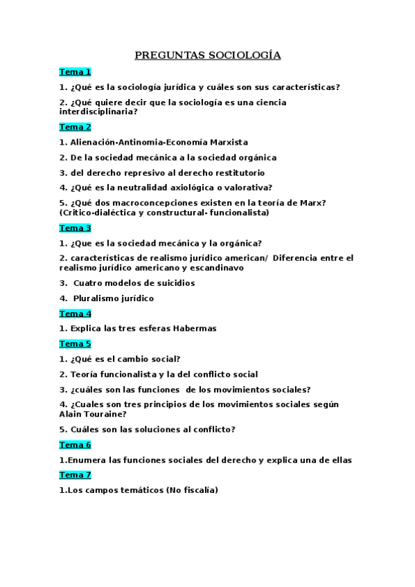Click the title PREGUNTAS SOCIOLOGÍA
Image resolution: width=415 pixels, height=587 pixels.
click(x=207, y=55)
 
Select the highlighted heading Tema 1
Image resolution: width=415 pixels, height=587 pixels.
click(x=75, y=72)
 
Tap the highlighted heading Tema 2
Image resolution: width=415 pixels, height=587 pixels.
click(x=75, y=127)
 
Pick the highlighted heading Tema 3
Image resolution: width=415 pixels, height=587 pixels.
click(x=75, y=228)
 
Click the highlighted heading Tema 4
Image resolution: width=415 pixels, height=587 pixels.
click(x=75, y=314)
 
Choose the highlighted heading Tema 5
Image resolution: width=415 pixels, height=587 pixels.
click(x=75, y=343)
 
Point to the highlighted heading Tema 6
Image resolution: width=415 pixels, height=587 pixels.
click(x=75, y=444)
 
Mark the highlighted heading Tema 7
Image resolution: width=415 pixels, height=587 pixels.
click(x=75, y=475)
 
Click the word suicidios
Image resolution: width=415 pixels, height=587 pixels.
click(x=173, y=282)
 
